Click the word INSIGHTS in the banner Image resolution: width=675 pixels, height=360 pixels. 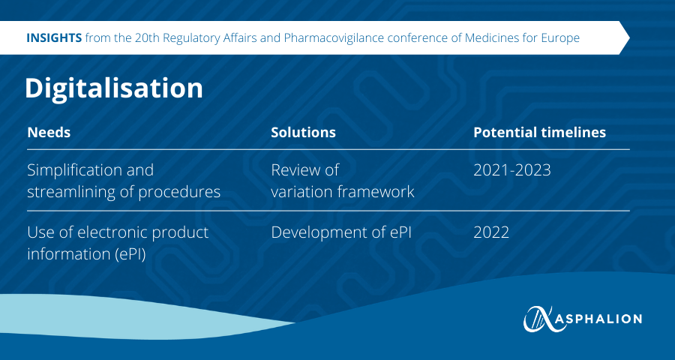54,38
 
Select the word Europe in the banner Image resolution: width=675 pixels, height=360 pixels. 559,38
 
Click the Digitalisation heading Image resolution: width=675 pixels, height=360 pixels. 114,88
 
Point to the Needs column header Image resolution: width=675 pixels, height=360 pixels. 49,132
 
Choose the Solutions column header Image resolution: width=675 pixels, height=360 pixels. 303,132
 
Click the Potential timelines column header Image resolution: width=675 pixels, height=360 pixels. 539,132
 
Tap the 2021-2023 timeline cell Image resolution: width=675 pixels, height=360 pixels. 511,170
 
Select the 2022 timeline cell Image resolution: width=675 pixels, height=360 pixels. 491,232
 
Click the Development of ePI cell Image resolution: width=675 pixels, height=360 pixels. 341,232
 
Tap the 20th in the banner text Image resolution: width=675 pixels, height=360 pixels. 145,38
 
